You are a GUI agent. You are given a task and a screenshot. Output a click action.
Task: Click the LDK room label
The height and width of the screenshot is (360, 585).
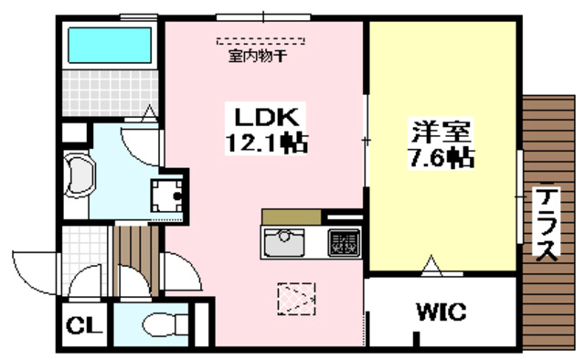[x=266, y=118]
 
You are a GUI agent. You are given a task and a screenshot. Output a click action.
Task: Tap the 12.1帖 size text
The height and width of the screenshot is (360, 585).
[x=266, y=143]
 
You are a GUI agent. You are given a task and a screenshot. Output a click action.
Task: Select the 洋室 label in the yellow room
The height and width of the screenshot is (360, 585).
[x=441, y=131]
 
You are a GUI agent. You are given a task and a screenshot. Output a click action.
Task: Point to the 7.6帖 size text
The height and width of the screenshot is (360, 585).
[x=441, y=156]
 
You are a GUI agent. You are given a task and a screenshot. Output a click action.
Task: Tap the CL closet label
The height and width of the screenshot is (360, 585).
[x=84, y=325]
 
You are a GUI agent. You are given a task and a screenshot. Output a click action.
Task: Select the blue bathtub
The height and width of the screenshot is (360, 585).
[x=108, y=44]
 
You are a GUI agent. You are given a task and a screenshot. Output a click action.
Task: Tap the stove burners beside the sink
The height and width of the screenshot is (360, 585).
[x=343, y=241]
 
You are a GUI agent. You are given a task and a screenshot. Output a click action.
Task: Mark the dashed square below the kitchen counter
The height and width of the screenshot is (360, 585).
[x=296, y=297]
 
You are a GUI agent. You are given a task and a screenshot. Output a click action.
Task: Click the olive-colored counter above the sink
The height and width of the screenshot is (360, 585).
[x=291, y=217]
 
